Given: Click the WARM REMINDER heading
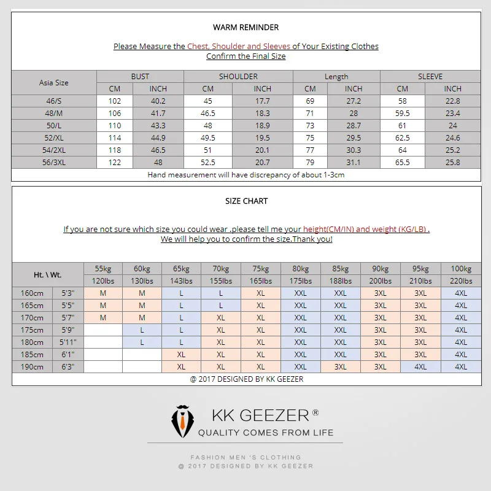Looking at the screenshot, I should (x=245, y=28).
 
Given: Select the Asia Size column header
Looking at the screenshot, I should (x=54, y=83).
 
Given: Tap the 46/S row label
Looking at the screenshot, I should (x=54, y=101).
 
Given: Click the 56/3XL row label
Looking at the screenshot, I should (x=54, y=163).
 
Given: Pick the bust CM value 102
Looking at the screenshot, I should (x=115, y=101).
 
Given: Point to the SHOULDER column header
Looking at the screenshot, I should (x=238, y=77).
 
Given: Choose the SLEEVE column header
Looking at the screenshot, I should (x=430, y=77).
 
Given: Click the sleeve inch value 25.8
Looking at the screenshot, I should (x=452, y=163).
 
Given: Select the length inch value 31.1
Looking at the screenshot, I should (x=354, y=163).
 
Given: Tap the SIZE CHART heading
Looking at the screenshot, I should (x=246, y=201).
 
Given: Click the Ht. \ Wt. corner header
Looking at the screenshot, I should (x=47, y=275).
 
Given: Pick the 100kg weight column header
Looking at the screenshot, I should (x=460, y=269).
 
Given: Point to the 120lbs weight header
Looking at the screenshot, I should (x=103, y=281).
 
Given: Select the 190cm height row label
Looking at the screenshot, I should (x=33, y=367).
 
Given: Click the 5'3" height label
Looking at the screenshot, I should (x=68, y=293).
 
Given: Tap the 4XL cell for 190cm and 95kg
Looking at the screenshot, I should (x=420, y=367).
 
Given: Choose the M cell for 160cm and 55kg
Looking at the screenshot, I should (x=103, y=293).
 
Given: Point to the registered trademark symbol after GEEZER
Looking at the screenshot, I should (x=315, y=412).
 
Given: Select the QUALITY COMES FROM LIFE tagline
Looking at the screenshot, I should (x=266, y=433).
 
